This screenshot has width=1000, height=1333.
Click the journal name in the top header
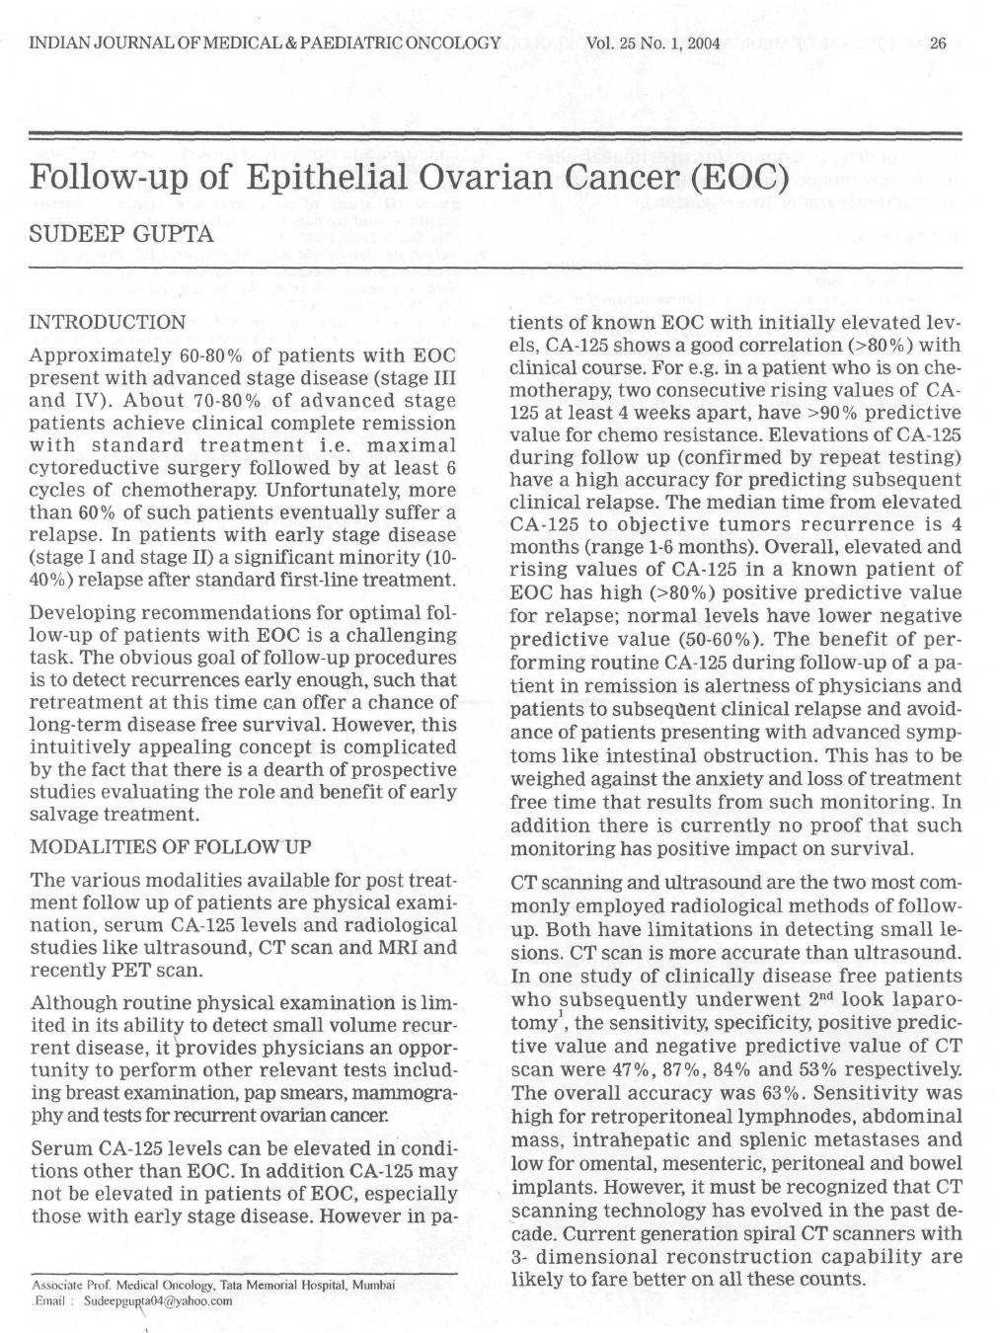[266, 43]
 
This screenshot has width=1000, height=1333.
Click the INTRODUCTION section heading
[109, 322]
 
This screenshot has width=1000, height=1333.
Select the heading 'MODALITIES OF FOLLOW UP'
[172, 847]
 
